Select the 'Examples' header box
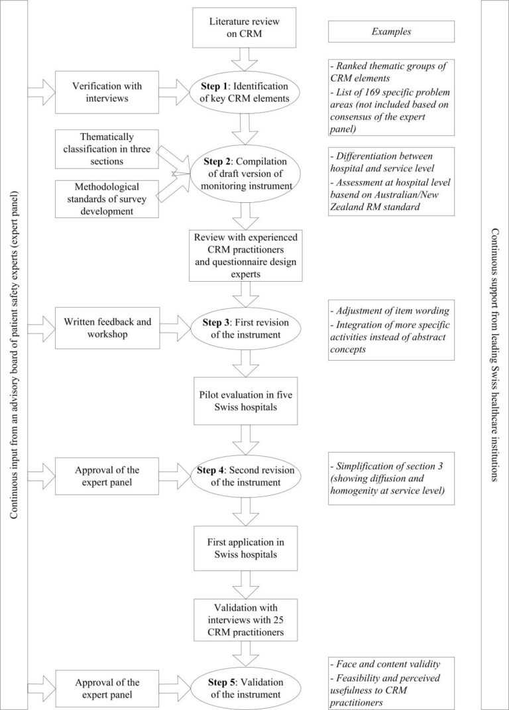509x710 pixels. click(391, 31)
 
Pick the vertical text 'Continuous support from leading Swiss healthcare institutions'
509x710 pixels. click(495, 355)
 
